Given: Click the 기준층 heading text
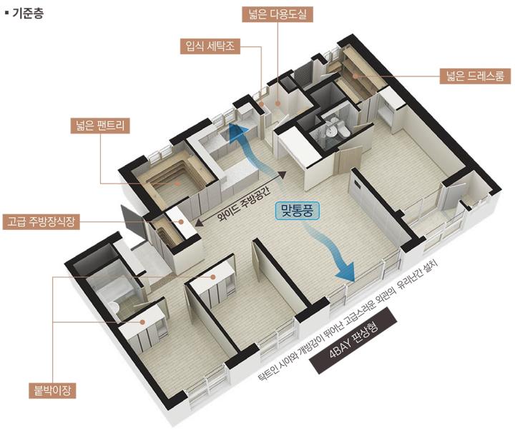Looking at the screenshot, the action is (x=28, y=14).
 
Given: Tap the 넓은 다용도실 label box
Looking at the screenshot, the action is (x=278, y=15).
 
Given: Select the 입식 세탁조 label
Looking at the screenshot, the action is (x=210, y=46).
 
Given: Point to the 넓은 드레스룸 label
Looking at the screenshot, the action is (x=475, y=76).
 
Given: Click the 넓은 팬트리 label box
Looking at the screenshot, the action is (x=100, y=126).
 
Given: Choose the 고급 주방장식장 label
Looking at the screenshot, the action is (x=41, y=221).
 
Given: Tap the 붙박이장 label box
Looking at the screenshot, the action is (x=52, y=391).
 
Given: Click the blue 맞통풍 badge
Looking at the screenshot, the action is (x=298, y=211).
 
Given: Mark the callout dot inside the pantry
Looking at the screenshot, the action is (x=177, y=184).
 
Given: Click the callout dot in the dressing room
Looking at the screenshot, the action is (x=355, y=76).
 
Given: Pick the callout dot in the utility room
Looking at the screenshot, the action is (x=278, y=104).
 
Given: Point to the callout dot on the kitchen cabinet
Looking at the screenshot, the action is (x=181, y=221).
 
